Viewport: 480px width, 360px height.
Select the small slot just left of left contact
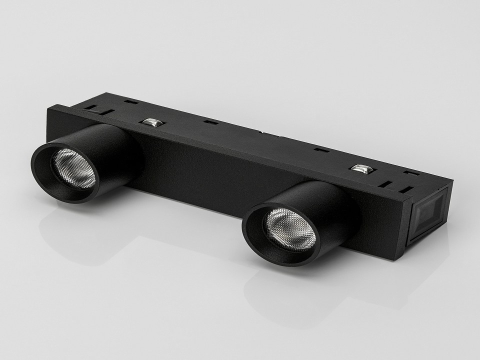point(131,102)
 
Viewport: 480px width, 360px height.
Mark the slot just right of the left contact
point(210,121)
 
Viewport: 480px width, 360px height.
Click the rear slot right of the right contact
point(411,173)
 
